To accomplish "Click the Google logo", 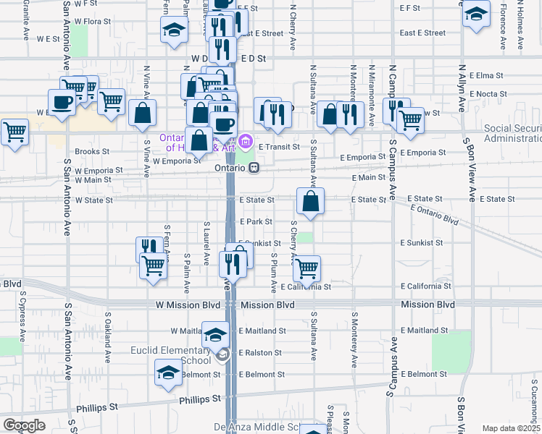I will pos(24,425).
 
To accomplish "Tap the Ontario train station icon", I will pos(254,167).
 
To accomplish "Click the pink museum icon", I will pos(246,141).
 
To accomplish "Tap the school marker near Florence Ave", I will pos(476,14).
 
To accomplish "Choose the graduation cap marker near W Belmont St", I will pos(168,372).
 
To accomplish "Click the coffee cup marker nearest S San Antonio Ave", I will pos(62,102).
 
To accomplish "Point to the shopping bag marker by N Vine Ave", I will pos(143,113).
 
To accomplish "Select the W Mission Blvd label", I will pos(188,305).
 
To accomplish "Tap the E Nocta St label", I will pos(488,94).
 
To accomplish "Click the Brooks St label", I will pos(91,152).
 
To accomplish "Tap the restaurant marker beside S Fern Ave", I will pos(149,248).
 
